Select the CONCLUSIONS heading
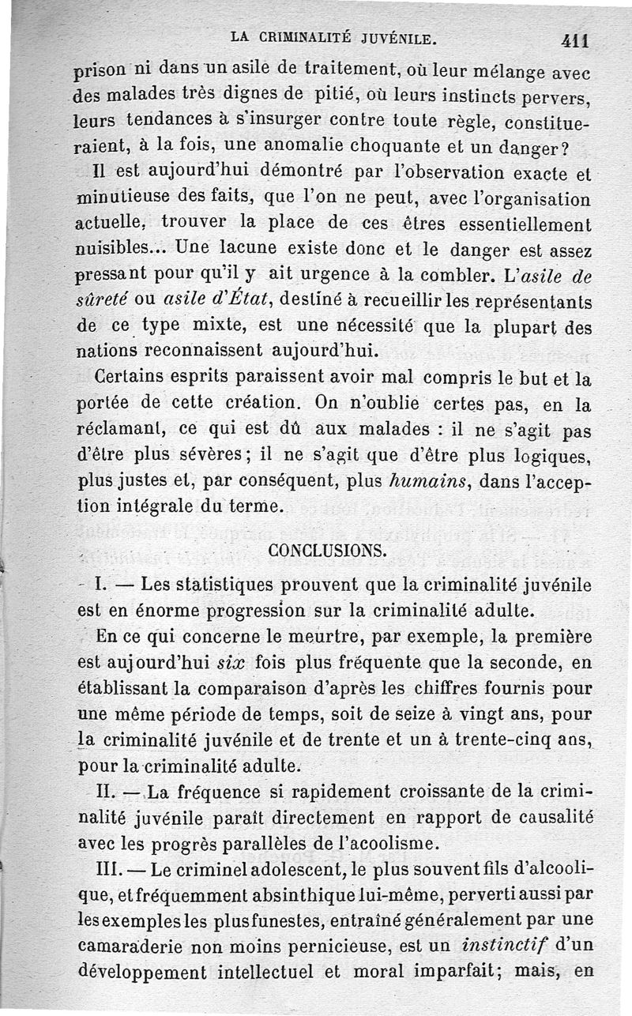(x=327, y=551)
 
